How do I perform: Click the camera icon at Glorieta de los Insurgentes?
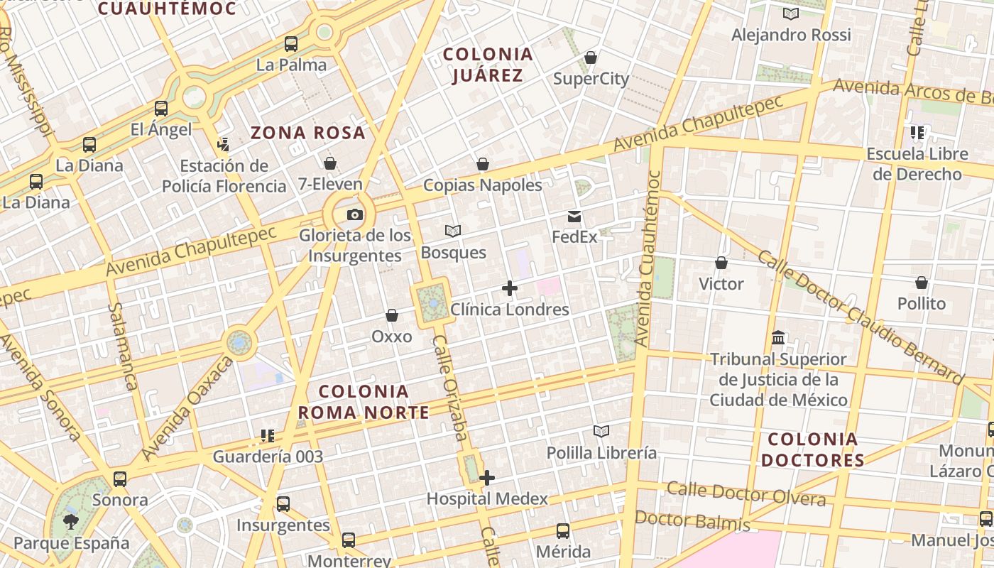[354, 214]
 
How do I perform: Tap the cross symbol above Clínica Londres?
[510, 288]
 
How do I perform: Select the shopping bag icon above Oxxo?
[391, 315]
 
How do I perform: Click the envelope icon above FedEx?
[574, 216]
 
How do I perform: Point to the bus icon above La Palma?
[291, 44]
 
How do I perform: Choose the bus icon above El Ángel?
[161, 109]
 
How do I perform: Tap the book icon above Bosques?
[453, 231]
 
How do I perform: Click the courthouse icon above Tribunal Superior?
[778, 338]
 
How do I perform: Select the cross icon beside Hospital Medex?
[486, 478]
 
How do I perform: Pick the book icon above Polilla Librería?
[601, 432]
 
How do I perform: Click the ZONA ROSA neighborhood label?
[308, 133]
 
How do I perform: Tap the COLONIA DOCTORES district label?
[812, 449]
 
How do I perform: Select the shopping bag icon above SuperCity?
[591, 58]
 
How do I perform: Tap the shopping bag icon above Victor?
[721, 263]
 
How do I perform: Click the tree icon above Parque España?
[71, 523]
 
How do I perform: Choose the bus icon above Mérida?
[563, 530]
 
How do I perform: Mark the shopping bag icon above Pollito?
[922, 283]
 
